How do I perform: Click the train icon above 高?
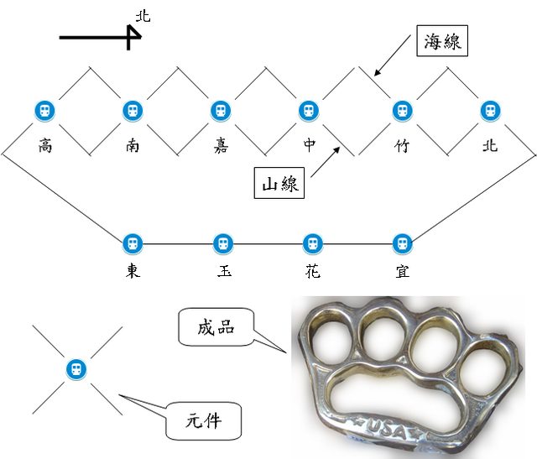click(x=44, y=111)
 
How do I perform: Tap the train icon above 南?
click(x=133, y=111)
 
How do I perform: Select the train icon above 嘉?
click(x=221, y=111)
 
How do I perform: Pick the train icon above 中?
click(x=310, y=111)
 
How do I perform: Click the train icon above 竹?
click(x=402, y=111)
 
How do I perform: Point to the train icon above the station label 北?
click(x=490, y=111)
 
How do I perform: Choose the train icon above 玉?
click(x=222, y=243)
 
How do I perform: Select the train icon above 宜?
click(x=403, y=243)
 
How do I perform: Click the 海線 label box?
click(x=441, y=40)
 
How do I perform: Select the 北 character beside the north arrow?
click(x=143, y=16)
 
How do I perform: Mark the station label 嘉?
click(x=221, y=145)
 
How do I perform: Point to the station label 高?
click(x=44, y=145)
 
